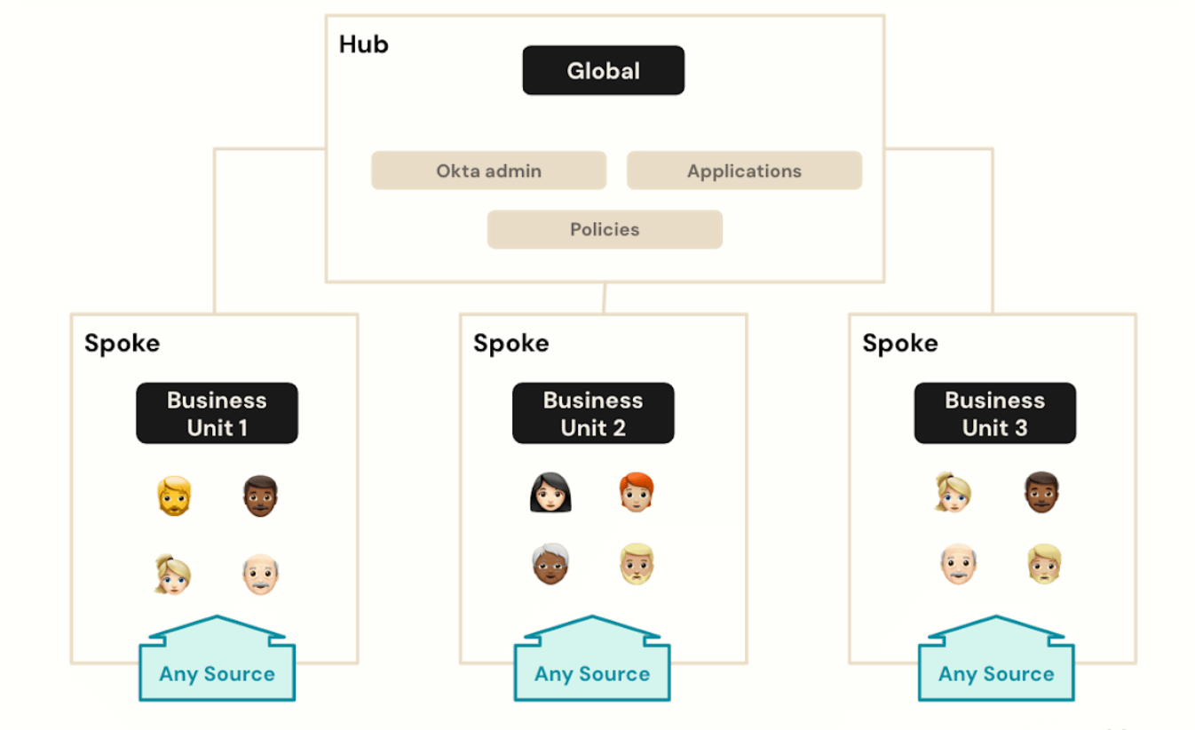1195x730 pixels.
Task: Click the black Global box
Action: pos(603,70)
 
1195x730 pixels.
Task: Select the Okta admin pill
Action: pos(488,171)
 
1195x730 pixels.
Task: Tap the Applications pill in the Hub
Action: pos(744,171)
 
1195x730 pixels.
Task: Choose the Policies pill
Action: pos(605,229)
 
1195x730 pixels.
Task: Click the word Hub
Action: pos(363,44)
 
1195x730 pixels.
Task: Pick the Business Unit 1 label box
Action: pos(217,413)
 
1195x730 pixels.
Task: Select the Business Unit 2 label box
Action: pos(593,413)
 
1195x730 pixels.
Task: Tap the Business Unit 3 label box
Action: pos(994,413)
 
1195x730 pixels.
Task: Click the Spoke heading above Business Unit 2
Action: pos(510,344)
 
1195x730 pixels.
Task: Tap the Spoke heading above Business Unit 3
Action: pos(899,344)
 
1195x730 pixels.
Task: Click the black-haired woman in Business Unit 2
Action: pos(550,493)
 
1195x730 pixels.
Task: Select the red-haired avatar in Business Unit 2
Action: pos(637,492)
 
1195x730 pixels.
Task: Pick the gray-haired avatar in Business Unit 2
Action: pos(550,564)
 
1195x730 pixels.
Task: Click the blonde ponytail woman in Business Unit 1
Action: pos(172,574)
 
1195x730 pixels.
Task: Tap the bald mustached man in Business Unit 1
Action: pos(261,574)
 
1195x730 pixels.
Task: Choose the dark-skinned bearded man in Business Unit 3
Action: pos(1041,492)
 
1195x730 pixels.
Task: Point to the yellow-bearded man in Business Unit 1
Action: pos(174,496)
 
